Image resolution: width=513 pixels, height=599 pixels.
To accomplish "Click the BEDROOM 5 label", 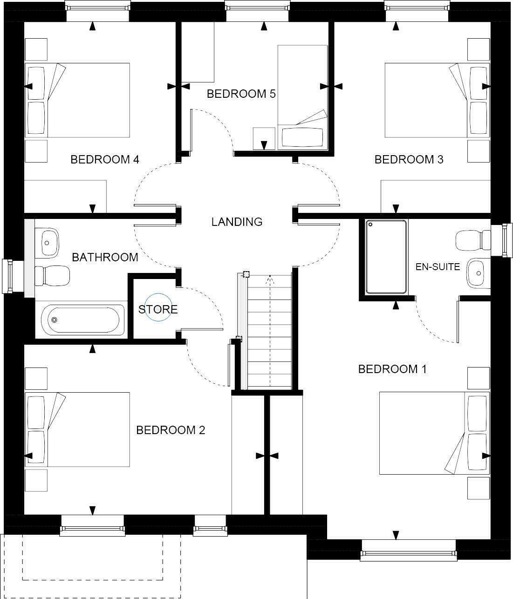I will (x=241, y=94).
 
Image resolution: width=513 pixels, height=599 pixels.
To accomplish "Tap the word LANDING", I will (x=237, y=222).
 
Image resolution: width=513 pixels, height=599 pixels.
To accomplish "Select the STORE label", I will (x=158, y=309).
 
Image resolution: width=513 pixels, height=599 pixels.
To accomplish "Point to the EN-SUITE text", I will (x=438, y=267).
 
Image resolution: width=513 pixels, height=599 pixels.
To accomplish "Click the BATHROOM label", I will (x=105, y=257).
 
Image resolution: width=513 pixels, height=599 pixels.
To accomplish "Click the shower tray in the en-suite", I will (x=386, y=257).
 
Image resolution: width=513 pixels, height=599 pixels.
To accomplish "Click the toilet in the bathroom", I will (x=52, y=275).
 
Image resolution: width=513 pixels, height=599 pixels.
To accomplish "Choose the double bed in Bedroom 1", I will (x=434, y=433).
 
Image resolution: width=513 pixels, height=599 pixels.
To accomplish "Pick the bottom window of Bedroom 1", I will (x=408, y=553).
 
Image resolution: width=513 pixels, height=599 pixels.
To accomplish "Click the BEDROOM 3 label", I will (x=409, y=160).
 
